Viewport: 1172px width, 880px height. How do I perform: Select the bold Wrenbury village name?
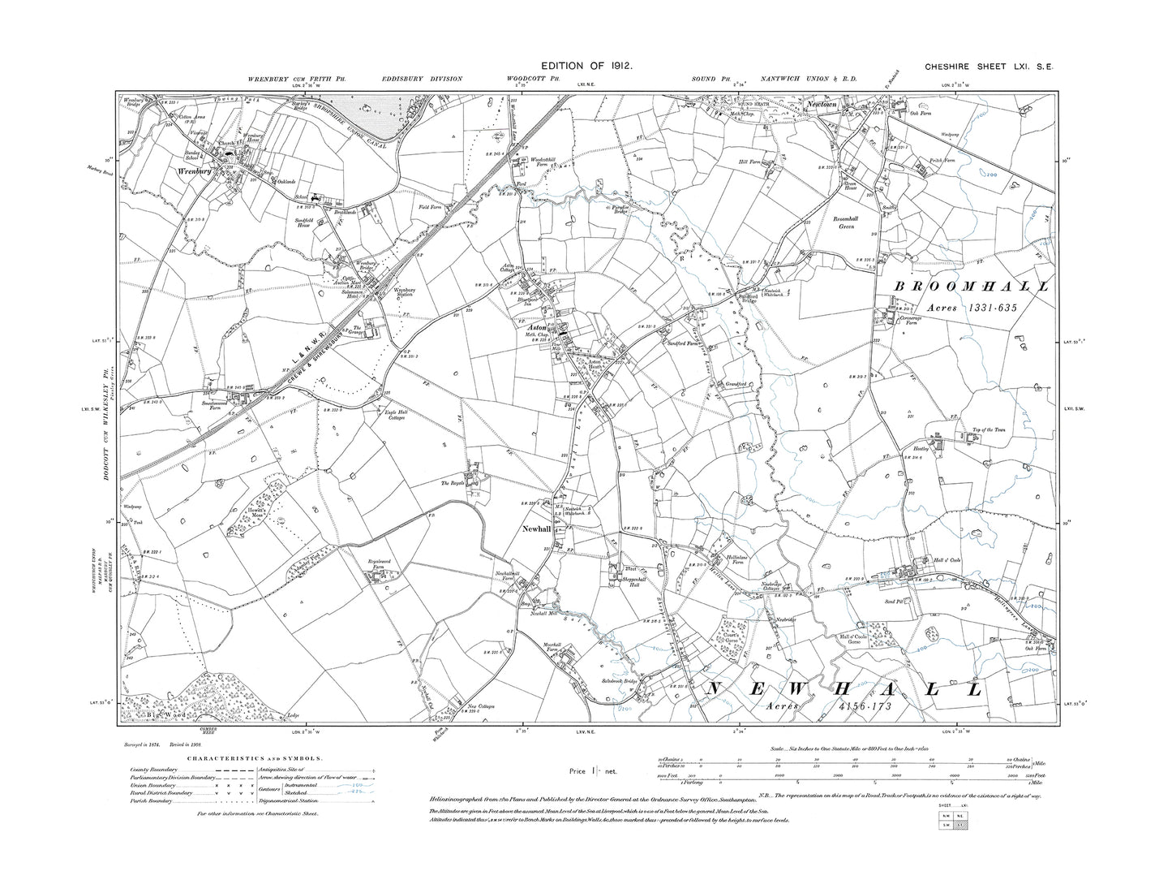click(x=191, y=172)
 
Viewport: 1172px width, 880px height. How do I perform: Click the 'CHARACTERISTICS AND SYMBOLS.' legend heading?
click(x=255, y=759)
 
